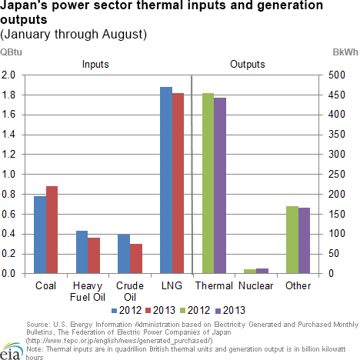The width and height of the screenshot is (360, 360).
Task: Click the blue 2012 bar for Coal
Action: (x=40, y=235)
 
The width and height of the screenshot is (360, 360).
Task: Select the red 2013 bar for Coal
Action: (x=52, y=230)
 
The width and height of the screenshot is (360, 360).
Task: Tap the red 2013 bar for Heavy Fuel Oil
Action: (x=94, y=255)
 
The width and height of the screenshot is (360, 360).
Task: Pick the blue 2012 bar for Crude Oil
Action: (x=124, y=254)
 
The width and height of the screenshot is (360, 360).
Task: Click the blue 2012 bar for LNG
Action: (x=166, y=180)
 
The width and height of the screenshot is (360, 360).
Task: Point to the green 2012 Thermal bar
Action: (x=208, y=183)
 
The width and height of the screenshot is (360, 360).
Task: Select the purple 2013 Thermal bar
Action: (x=220, y=185)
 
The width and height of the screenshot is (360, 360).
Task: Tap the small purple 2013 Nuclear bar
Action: (x=262, y=271)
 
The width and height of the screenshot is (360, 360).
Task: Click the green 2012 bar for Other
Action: (x=292, y=240)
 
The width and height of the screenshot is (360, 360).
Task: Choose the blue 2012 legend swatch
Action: (x=115, y=311)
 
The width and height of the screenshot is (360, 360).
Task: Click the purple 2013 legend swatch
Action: (x=218, y=311)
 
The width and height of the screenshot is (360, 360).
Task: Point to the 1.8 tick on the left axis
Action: (x=8, y=95)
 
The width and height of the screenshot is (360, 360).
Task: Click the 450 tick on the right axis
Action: (x=337, y=95)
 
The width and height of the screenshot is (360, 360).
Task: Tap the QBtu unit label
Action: (x=11, y=52)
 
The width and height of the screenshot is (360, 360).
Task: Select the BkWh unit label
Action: (x=345, y=52)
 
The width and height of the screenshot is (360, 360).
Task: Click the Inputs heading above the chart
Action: (x=95, y=64)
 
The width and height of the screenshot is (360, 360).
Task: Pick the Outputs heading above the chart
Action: (x=248, y=64)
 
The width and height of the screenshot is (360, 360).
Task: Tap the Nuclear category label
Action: (x=256, y=285)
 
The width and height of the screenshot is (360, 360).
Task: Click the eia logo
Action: (x=11, y=351)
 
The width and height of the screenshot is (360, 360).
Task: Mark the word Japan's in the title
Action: (x=24, y=5)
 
